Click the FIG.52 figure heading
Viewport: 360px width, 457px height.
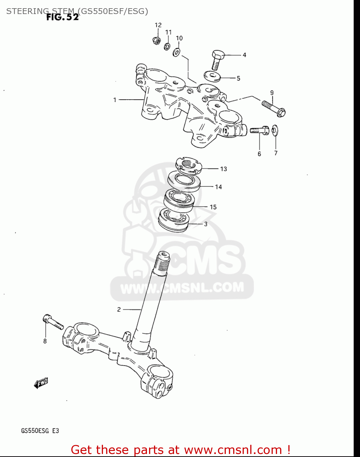[x=62, y=17]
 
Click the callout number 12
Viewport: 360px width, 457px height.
[x=158, y=25]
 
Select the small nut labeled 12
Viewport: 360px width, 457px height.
[x=156, y=40]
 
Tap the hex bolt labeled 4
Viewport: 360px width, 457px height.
[x=217, y=60]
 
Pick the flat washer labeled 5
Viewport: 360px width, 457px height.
[x=212, y=76]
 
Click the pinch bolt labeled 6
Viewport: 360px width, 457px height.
[x=259, y=130]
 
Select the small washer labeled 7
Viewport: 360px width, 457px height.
[x=275, y=130]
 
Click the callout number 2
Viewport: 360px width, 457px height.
[x=119, y=310]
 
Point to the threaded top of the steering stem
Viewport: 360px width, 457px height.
[x=162, y=262]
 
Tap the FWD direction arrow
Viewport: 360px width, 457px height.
[x=41, y=383]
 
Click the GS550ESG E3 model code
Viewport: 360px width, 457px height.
[x=40, y=431]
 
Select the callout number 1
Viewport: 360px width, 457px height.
[x=115, y=100]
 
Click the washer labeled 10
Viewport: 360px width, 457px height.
[x=176, y=52]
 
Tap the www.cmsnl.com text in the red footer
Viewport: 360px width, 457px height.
[x=233, y=450]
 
